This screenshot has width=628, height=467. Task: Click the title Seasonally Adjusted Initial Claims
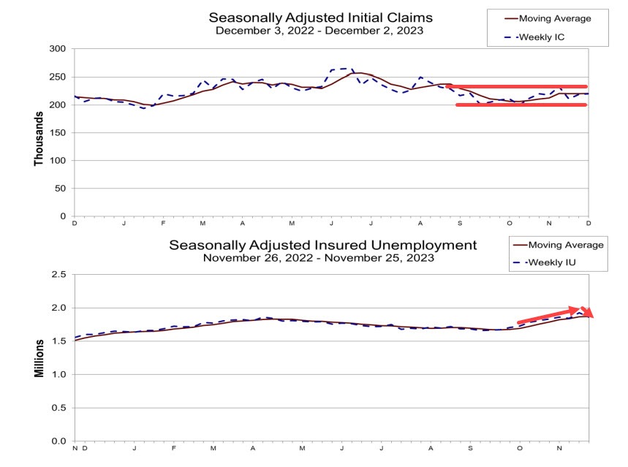(320, 18)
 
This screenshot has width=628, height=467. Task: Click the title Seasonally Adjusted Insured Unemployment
(322, 245)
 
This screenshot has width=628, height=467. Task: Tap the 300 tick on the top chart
(57, 49)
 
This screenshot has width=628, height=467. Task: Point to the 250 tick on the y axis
(57, 77)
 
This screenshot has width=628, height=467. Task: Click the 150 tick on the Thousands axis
(57, 133)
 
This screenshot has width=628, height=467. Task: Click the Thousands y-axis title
(39, 133)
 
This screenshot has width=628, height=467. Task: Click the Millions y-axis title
(39, 358)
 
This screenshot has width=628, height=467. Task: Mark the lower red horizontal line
(521, 105)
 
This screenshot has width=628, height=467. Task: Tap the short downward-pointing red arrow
(589, 312)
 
